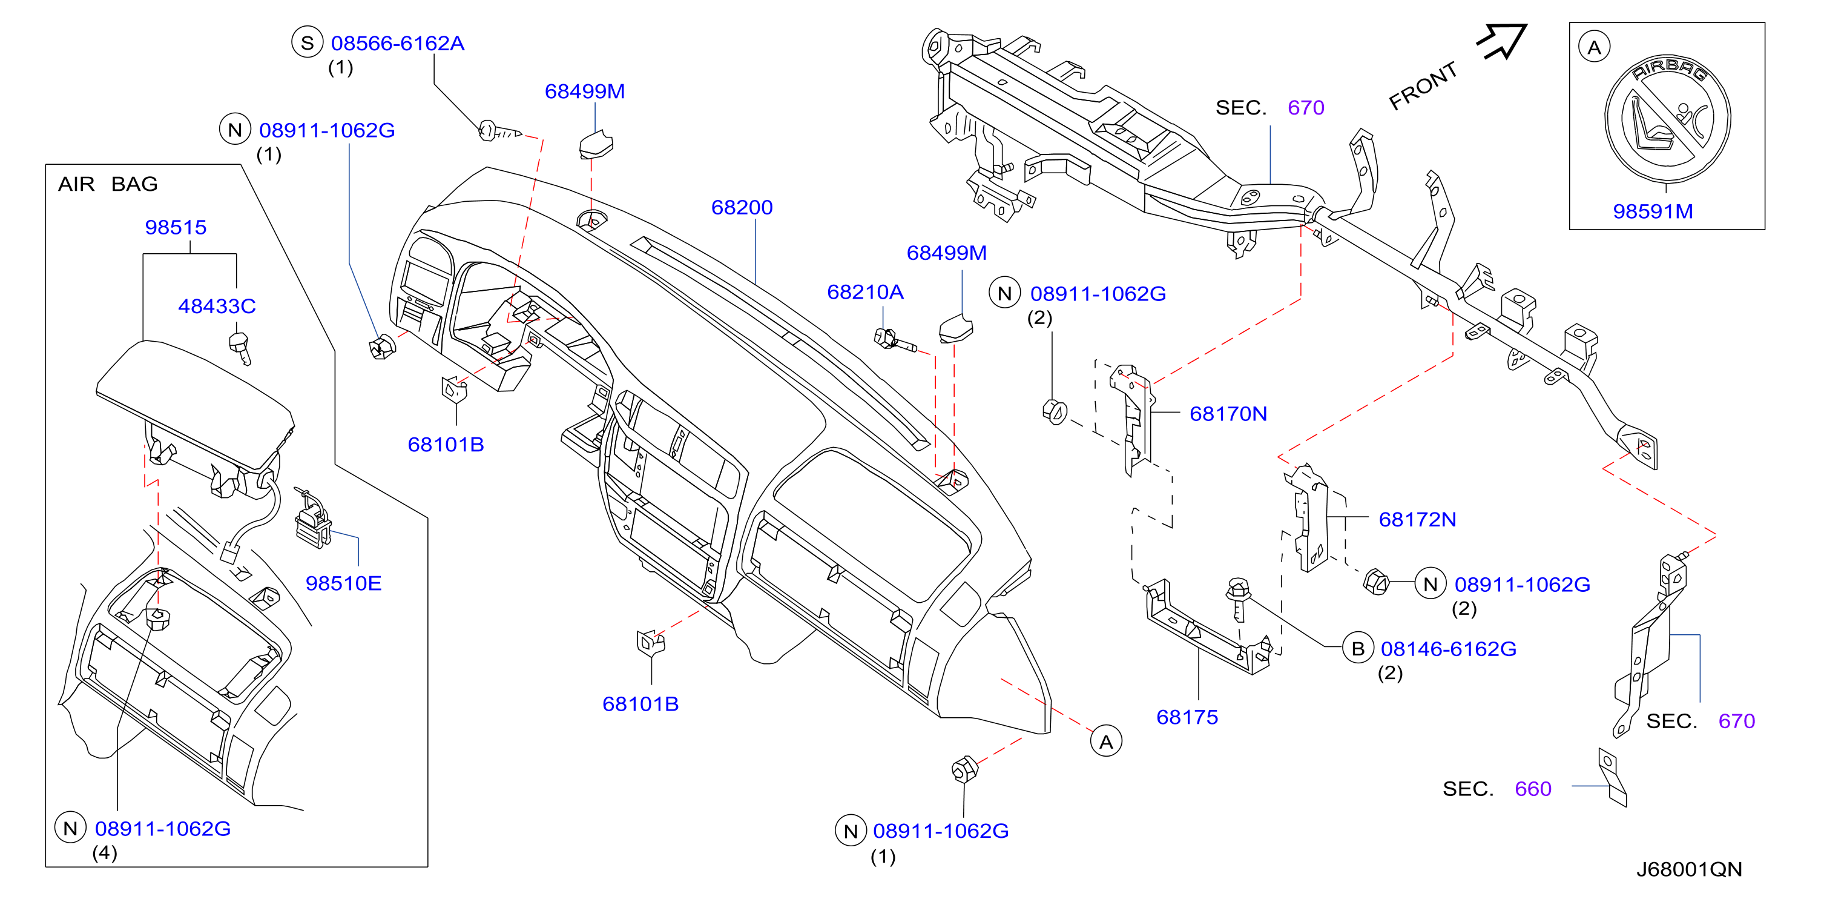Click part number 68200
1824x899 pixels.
point(742,208)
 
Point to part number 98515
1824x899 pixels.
point(176,227)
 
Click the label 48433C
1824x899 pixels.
point(217,306)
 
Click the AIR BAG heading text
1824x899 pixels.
point(108,184)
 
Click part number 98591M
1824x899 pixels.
point(1653,211)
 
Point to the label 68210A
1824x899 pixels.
point(864,292)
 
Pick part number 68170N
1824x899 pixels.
point(1228,414)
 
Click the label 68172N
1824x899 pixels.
point(1417,519)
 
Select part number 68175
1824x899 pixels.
point(1187,717)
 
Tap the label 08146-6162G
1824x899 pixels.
point(1448,649)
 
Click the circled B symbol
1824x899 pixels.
point(1357,648)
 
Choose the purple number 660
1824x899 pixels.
point(1532,789)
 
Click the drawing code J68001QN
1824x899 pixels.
point(1689,869)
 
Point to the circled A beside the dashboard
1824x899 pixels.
point(1106,741)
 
